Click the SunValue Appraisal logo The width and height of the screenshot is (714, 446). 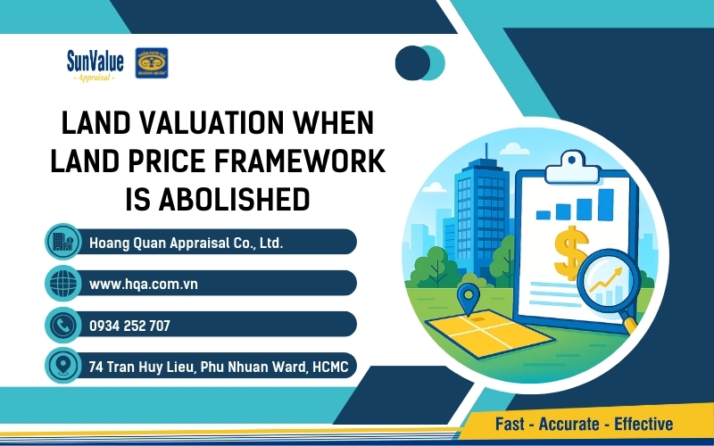[95, 64]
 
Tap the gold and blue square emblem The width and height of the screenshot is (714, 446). [152, 63]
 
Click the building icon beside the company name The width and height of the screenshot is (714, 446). [62, 242]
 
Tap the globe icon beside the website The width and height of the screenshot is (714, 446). [62, 284]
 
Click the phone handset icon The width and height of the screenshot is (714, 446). [62, 325]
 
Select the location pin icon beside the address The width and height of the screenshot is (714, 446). [62, 366]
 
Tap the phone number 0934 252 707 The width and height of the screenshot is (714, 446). [129, 325]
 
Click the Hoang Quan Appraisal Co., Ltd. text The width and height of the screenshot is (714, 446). [186, 242]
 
